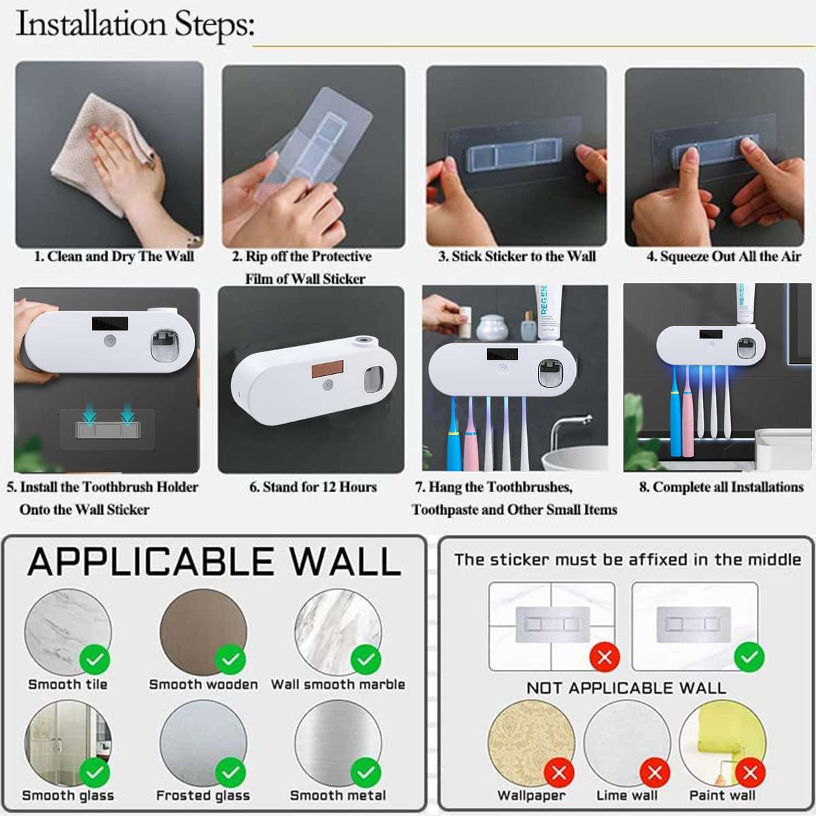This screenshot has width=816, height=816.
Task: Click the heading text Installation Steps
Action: tap(135, 24)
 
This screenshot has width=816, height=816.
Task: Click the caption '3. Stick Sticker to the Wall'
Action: tap(517, 256)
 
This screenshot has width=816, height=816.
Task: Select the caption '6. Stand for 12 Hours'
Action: tap(312, 487)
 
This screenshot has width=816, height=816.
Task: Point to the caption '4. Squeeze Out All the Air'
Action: tap(724, 256)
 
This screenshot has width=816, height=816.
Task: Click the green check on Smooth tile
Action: tap(95, 659)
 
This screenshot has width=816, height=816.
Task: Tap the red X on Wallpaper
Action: tap(559, 773)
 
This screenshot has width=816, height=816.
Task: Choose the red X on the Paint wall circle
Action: tap(750, 773)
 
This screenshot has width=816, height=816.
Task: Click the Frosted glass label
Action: tap(203, 795)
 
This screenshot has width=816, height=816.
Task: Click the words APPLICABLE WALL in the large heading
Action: tap(214, 562)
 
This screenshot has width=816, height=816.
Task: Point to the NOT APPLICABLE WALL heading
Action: tap(626, 687)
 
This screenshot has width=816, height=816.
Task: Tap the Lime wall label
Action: tap(626, 795)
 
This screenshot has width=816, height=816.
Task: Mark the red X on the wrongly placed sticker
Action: tap(604, 658)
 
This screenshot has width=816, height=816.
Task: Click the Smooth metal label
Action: tap(337, 795)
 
